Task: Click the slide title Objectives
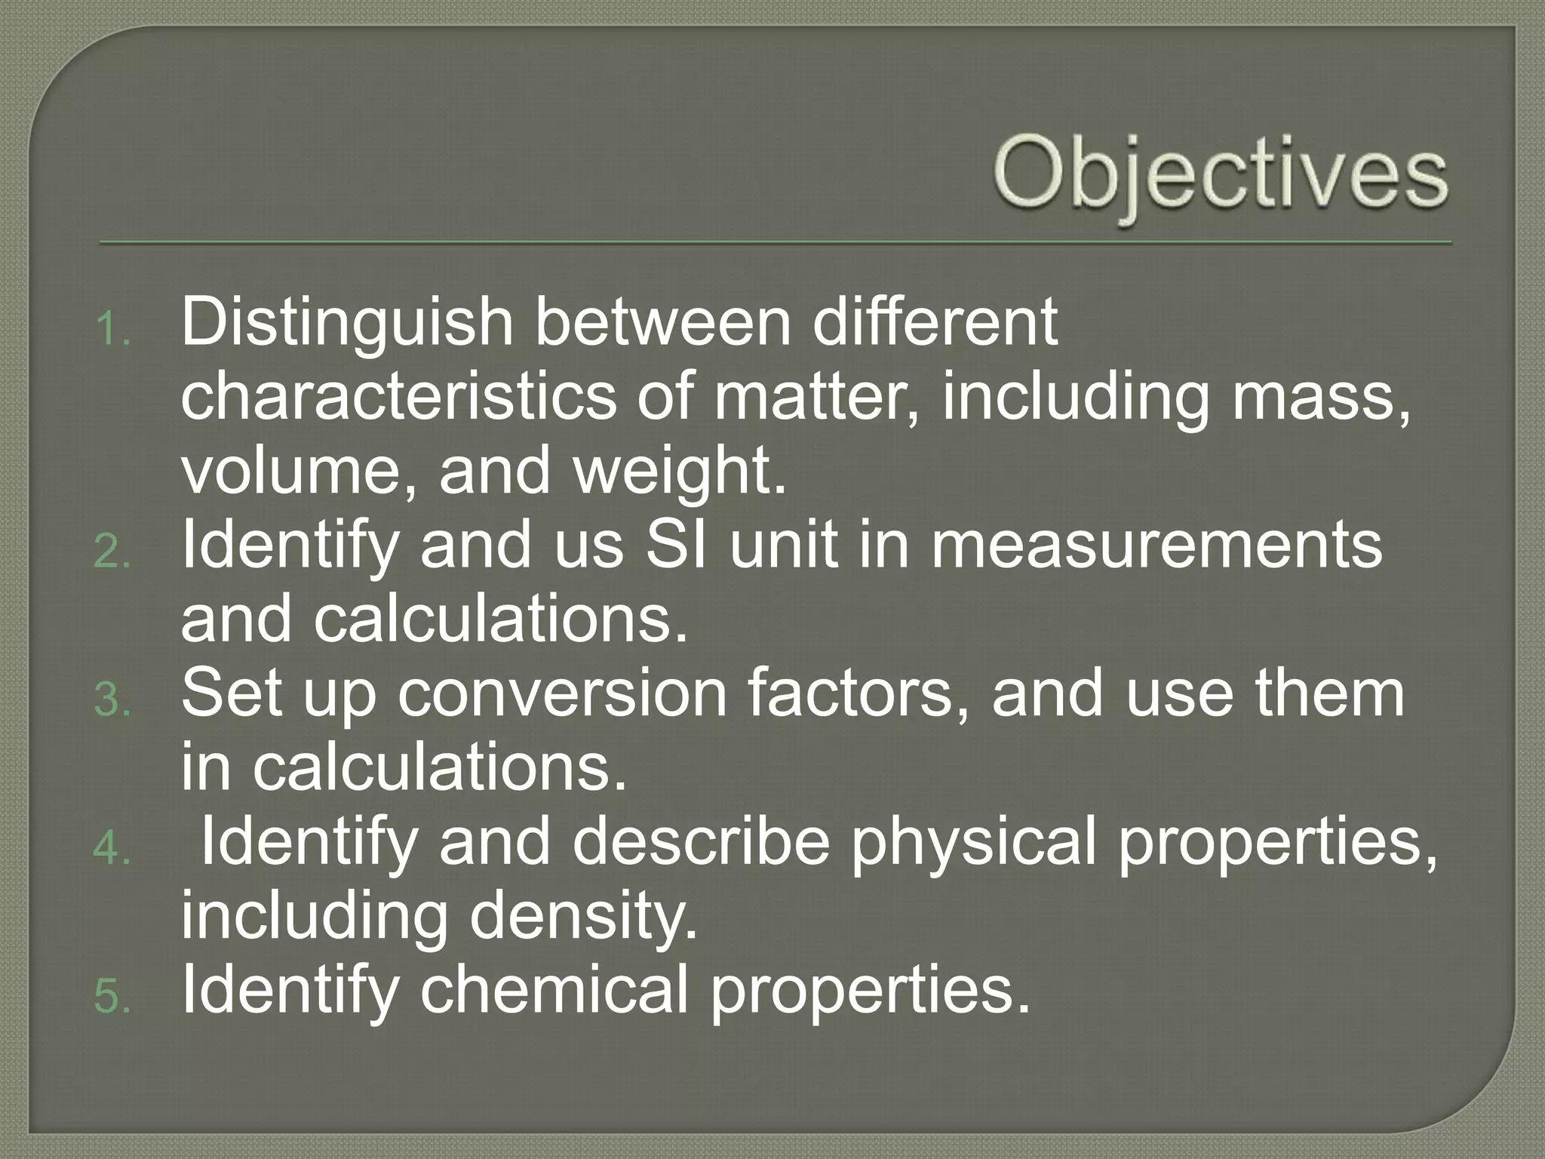click(x=1221, y=176)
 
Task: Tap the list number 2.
click(x=113, y=554)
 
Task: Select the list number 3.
click(x=113, y=702)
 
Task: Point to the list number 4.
click(x=113, y=850)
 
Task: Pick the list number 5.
click(x=113, y=998)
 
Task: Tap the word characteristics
click(x=398, y=397)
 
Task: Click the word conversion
click(x=562, y=694)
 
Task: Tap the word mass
click(x=1320, y=397)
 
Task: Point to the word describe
click(x=702, y=842)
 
